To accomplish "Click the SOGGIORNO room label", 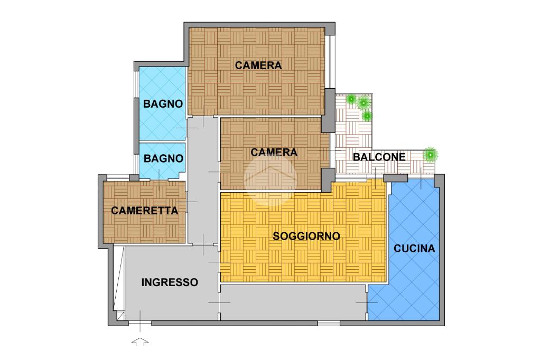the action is tap(306, 236).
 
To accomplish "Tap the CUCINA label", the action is tap(414, 248).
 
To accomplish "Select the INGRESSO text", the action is tap(170, 282).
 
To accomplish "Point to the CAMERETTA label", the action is tap(145, 210).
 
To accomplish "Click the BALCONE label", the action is tap(379, 157).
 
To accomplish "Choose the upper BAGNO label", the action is tap(163, 104).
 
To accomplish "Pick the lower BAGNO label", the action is tap(163, 158).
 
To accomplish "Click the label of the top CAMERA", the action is tap(258, 65).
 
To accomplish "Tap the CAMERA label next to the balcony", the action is tap(274, 153).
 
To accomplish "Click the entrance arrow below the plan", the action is tap(140, 342).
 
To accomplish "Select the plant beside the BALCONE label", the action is tap(430, 155).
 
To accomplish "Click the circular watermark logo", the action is tap(270, 179).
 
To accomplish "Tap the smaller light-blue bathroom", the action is tap(162, 160).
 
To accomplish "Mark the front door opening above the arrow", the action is tap(140, 323).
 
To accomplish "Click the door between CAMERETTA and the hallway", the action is tap(186, 202).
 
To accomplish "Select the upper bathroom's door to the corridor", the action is tap(186, 128).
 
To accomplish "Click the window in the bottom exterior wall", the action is tap(329, 323).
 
